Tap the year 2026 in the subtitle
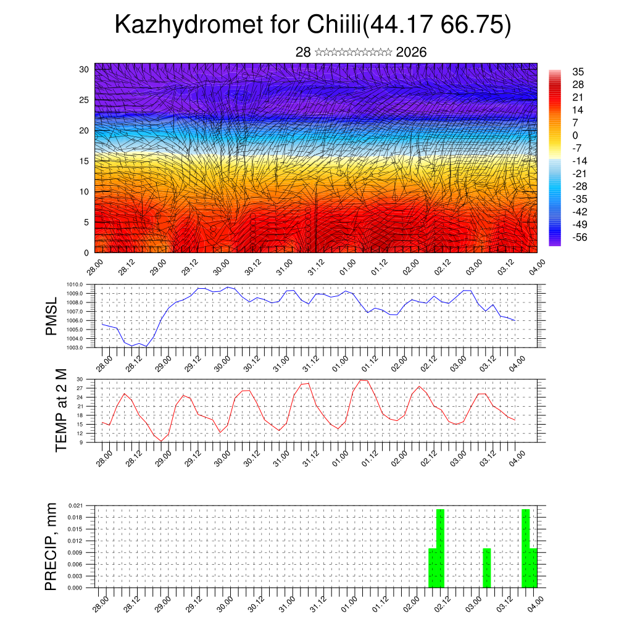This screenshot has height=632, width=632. (412, 52)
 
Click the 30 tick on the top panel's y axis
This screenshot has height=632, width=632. (84, 69)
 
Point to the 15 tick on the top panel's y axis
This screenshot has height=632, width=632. (84, 161)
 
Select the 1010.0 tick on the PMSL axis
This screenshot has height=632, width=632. (77, 284)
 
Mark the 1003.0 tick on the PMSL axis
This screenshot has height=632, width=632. (77, 348)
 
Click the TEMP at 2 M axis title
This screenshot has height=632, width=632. (60, 410)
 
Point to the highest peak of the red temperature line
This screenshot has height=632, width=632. (364, 380)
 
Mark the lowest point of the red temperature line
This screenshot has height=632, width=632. (161, 441)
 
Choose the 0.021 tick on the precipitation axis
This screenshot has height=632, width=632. (77, 505)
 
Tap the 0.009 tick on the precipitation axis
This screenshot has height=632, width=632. (77, 552)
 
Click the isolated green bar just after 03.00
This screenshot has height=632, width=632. (487, 568)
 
